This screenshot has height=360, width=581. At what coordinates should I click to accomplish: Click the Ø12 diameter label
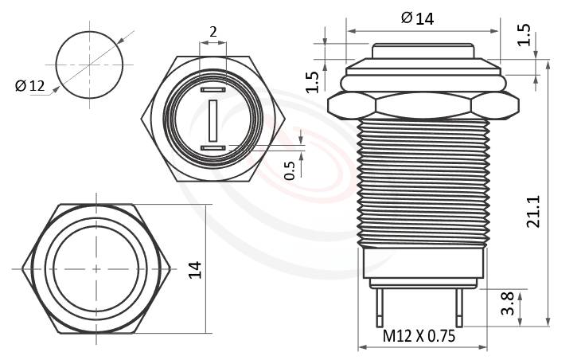tap(31, 86)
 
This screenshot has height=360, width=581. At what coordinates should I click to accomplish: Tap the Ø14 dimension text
tap(418, 18)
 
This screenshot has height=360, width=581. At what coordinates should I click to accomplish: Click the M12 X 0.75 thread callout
tap(419, 336)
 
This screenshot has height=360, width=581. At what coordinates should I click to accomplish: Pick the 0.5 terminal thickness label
tap(290, 170)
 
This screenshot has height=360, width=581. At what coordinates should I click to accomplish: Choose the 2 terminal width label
tap(213, 33)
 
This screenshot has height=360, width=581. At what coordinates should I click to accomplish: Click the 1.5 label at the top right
tap(524, 34)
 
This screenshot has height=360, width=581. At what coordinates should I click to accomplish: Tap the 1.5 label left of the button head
tap(313, 81)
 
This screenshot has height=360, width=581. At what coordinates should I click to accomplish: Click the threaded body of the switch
tap(422, 183)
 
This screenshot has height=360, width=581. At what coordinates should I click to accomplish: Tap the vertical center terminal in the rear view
tap(213, 120)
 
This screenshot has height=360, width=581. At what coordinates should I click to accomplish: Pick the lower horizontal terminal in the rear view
tap(213, 148)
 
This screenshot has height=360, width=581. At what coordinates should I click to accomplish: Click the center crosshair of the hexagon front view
tap(96, 269)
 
